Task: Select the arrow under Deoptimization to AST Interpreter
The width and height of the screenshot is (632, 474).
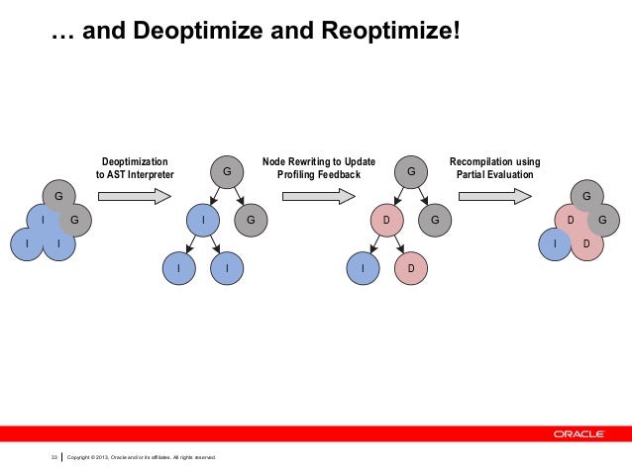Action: [x=134, y=195]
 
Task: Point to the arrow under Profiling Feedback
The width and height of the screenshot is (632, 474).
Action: [x=318, y=195]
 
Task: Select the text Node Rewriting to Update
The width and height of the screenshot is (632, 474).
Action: [x=318, y=161]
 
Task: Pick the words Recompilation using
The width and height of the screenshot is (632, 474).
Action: [x=494, y=161]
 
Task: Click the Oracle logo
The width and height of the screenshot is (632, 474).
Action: [x=583, y=433]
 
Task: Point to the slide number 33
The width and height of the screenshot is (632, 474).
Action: [x=55, y=456]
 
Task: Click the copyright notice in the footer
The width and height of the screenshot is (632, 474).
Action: [x=140, y=456]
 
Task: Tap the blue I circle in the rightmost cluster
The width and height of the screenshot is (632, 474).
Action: [x=556, y=242]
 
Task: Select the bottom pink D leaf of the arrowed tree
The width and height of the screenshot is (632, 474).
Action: [x=409, y=268]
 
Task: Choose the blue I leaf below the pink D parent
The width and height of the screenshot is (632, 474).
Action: [x=364, y=268]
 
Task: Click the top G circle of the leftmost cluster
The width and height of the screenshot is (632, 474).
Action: [x=57, y=195]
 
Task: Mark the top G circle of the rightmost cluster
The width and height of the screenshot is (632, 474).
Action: [x=585, y=195]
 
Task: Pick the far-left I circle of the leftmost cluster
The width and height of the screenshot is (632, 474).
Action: [x=27, y=242]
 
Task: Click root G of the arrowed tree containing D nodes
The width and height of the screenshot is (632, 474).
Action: [x=410, y=172]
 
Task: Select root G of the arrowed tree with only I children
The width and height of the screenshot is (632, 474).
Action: [x=227, y=172]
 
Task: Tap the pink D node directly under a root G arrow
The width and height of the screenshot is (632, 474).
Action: [x=386, y=220]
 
